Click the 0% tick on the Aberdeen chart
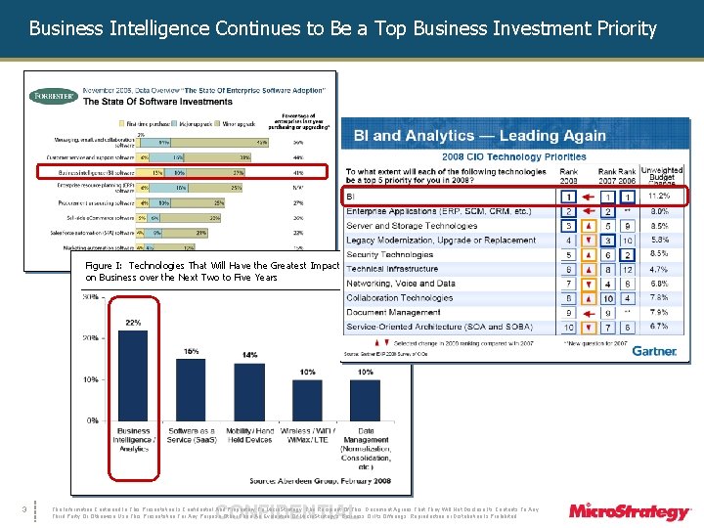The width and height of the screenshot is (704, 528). pos(90,420)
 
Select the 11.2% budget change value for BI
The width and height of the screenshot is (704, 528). pos(658,197)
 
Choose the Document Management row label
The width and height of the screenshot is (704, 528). pos(394,312)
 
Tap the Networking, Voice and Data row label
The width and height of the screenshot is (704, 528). pos(401,284)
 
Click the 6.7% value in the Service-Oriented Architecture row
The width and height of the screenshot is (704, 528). pos(658,327)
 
